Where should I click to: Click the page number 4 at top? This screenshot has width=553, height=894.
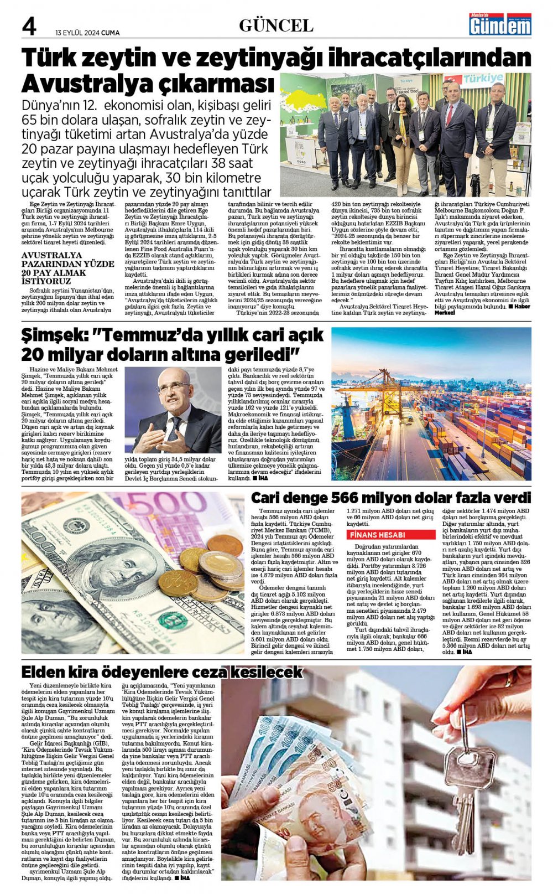[29, 26]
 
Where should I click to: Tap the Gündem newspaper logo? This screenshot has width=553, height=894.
[500, 24]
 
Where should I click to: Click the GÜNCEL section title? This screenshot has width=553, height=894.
[276, 25]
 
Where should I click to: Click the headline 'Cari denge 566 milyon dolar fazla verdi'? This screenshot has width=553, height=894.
[390, 497]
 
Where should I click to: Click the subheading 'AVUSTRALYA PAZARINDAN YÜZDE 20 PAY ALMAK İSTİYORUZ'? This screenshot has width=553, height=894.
[67, 268]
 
